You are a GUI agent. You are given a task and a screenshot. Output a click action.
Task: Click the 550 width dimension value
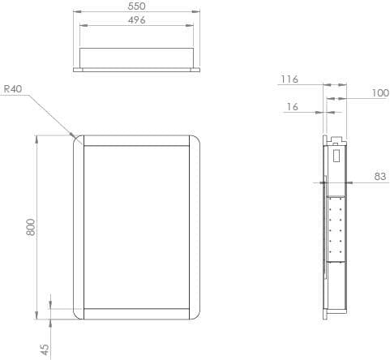click(136, 6)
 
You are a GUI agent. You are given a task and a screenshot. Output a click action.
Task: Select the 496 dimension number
click(136, 19)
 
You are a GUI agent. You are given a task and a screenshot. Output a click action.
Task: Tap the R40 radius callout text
click(13, 89)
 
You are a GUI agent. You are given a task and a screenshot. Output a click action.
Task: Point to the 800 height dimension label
click(31, 227)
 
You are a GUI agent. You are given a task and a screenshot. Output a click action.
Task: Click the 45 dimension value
click(45, 349)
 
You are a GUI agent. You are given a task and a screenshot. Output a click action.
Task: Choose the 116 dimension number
click(289, 79)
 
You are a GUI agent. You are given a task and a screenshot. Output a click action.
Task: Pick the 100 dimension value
click(380, 93)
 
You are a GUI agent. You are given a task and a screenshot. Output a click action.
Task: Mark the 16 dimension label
click(292, 107)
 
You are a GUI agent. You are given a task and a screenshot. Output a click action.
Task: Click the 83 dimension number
click(380, 175)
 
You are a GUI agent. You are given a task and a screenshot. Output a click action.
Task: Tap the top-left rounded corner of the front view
click(79, 140)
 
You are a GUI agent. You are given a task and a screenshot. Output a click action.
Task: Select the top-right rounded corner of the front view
click(196, 140)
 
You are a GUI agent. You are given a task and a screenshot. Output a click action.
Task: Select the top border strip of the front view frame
click(137, 140)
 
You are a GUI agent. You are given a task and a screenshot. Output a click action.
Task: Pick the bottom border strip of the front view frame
click(137, 315)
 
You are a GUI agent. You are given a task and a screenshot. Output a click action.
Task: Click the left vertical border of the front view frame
click(79, 227)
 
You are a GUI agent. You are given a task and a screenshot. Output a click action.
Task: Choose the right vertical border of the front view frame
click(196, 227)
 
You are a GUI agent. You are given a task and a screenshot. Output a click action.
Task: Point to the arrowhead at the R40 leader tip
click(75, 136)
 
